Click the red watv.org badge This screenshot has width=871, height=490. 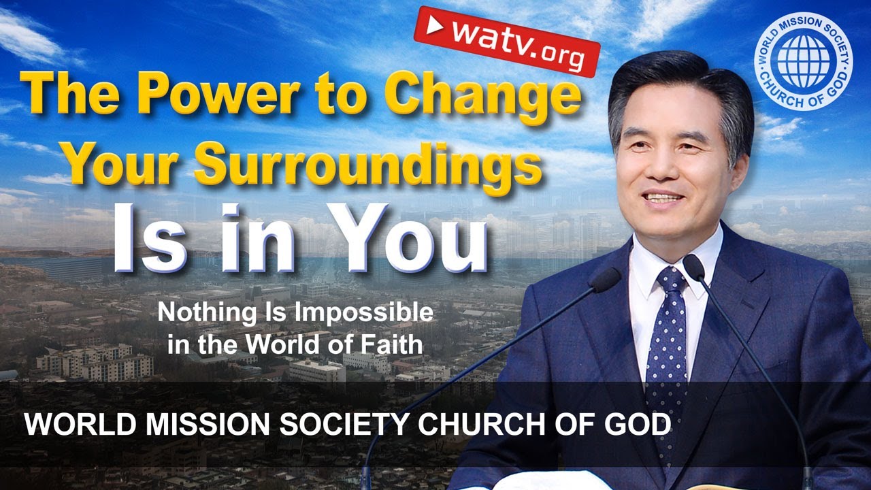click(x=507, y=42)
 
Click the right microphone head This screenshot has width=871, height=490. click(x=694, y=267)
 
